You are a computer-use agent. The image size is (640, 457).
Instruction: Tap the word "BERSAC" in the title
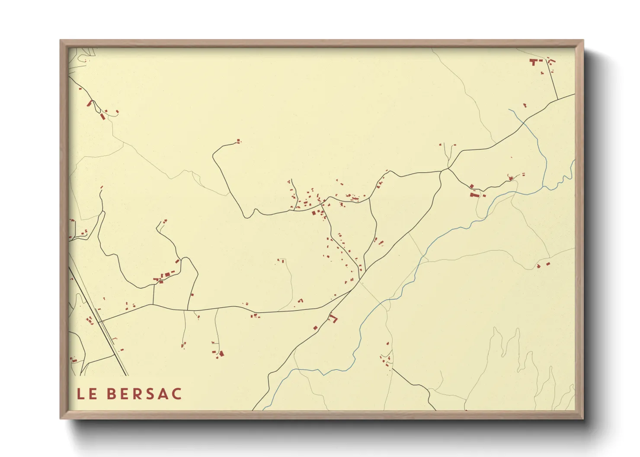pos(144,394)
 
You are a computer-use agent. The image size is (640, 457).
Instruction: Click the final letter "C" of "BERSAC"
pos(176,394)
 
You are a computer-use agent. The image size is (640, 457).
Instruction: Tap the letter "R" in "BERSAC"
pos(136,394)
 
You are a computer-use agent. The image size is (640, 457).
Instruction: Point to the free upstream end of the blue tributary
pos(509,110)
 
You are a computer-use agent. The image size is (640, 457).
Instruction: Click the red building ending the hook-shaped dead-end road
pos(238,140)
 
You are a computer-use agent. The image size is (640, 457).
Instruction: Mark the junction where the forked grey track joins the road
pos(448,168)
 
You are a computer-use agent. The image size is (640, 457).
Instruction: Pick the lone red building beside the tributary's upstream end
pos(525,105)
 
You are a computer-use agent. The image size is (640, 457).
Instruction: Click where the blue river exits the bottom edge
pos(264,409)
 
